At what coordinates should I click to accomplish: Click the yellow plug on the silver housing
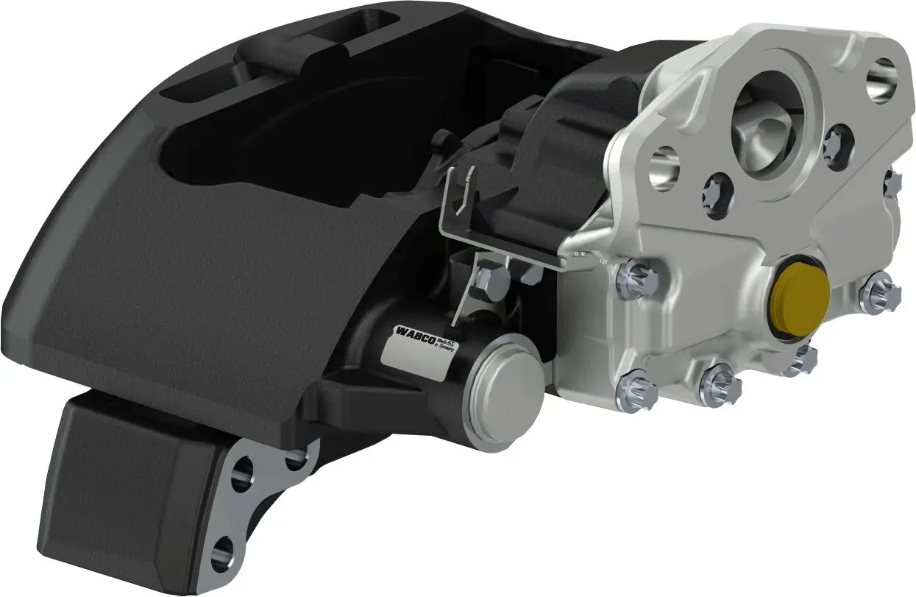point(800,294)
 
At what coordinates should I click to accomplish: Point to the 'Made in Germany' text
point(444,345)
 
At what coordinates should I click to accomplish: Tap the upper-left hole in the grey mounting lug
point(241,474)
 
